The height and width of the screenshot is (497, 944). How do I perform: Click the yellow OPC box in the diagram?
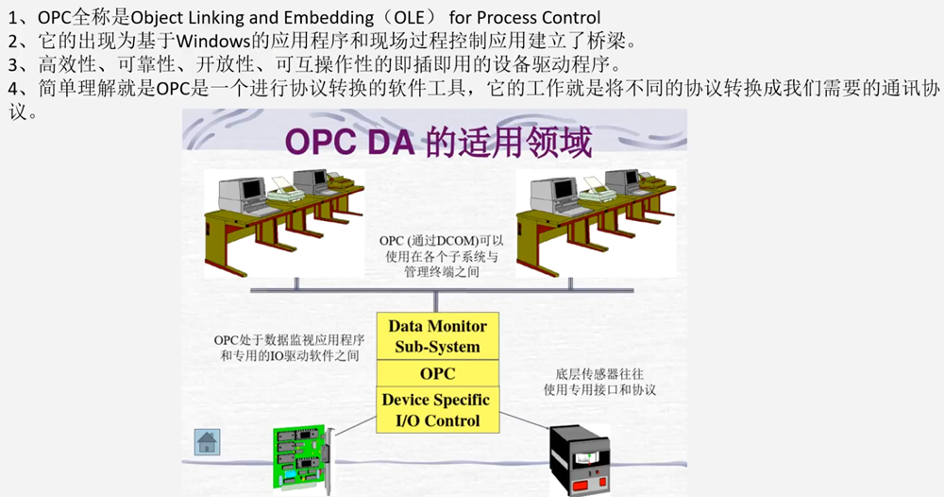438,373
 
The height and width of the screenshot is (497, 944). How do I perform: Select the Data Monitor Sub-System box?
438,336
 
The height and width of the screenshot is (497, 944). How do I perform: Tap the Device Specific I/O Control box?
438,410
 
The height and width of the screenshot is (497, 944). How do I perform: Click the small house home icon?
207,442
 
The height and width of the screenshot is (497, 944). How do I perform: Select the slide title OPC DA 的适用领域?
438,142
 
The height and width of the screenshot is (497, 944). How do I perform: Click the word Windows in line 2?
213,42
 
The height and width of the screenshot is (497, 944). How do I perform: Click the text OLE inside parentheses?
410,18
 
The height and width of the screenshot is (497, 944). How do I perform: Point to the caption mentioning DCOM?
441,256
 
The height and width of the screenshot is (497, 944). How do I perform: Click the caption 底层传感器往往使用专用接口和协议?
599,382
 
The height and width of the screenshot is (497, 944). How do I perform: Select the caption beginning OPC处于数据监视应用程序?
290,349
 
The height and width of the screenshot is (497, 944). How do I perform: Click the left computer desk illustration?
284,223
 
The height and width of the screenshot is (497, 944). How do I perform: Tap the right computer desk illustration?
596,223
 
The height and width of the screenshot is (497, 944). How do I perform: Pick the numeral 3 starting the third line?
13,64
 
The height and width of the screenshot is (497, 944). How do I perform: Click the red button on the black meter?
581,485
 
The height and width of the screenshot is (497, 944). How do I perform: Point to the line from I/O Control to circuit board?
356,424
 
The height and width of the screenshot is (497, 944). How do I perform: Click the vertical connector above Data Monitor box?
436,301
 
